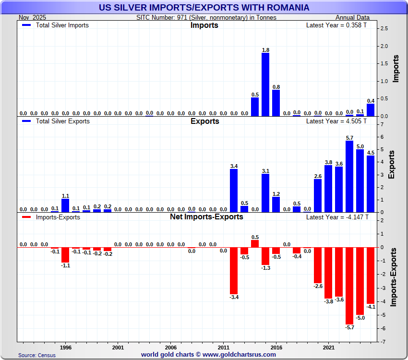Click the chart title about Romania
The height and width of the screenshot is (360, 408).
(x=204, y=8)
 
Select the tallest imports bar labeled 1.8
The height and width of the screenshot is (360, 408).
(x=265, y=84)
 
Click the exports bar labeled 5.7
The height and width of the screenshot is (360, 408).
(x=349, y=176)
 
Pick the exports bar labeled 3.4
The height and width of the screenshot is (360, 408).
(x=234, y=190)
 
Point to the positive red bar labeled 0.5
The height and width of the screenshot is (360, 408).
(x=255, y=243)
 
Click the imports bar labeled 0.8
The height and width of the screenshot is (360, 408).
(x=276, y=103)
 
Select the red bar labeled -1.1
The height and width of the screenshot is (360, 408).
(x=65, y=255)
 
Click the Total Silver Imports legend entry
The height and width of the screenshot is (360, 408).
(x=56, y=25)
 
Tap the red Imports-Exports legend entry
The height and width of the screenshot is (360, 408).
(x=51, y=217)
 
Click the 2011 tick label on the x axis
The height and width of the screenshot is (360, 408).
(x=223, y=347)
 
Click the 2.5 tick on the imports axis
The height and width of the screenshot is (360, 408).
(x=384, y=29)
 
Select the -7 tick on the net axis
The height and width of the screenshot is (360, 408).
(x=383, y=342)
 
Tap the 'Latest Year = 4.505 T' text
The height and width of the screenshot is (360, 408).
(x=336, y=121)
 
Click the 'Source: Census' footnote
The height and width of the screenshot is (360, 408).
(x=37, y=355)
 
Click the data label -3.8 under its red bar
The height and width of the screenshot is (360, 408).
(x=328, y=301)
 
